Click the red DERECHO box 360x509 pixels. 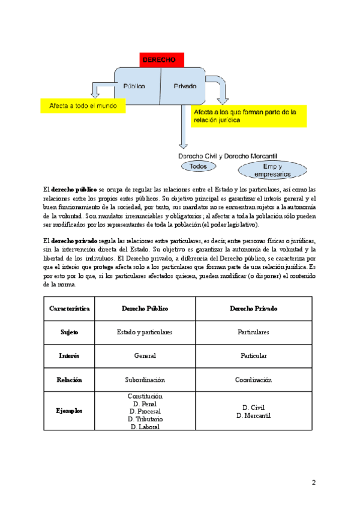[161, 60]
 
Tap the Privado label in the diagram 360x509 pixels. [185, 86]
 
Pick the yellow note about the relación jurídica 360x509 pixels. [248, 116]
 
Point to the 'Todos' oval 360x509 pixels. [198, 166]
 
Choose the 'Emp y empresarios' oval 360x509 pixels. [272, 170]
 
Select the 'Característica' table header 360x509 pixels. [70, 309]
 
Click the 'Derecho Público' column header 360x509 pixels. [145, 309]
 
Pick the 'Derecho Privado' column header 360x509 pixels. [253, 309]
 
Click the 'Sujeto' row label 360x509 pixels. [70, 332]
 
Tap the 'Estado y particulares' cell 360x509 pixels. [145, 332]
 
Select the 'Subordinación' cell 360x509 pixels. [145, 380]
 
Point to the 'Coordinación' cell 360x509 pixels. [253, 380]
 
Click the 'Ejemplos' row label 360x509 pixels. [70, 411]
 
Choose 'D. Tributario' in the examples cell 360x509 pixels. [145, 419]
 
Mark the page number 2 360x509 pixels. [313, 483]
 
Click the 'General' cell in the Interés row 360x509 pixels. [145, 356]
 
